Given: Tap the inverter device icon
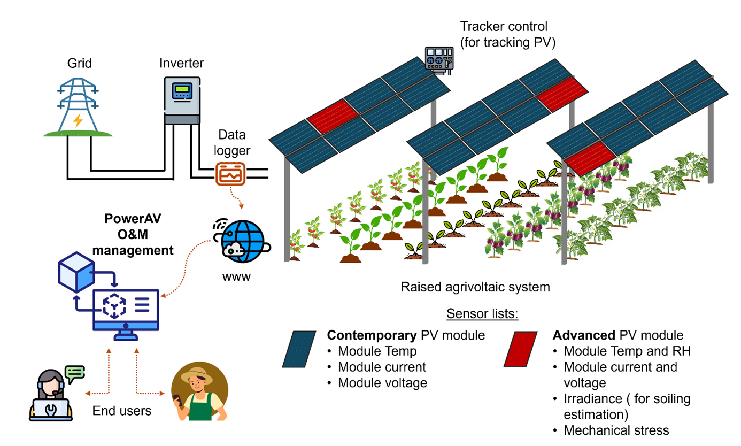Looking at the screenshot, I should (x=182, y=102).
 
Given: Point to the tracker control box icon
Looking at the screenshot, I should (x=438, y=58).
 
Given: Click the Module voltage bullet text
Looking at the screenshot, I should (x=382, y=382).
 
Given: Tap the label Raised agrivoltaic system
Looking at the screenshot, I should (x=475, y=287).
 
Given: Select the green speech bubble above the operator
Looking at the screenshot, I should (x=74, y=372).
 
